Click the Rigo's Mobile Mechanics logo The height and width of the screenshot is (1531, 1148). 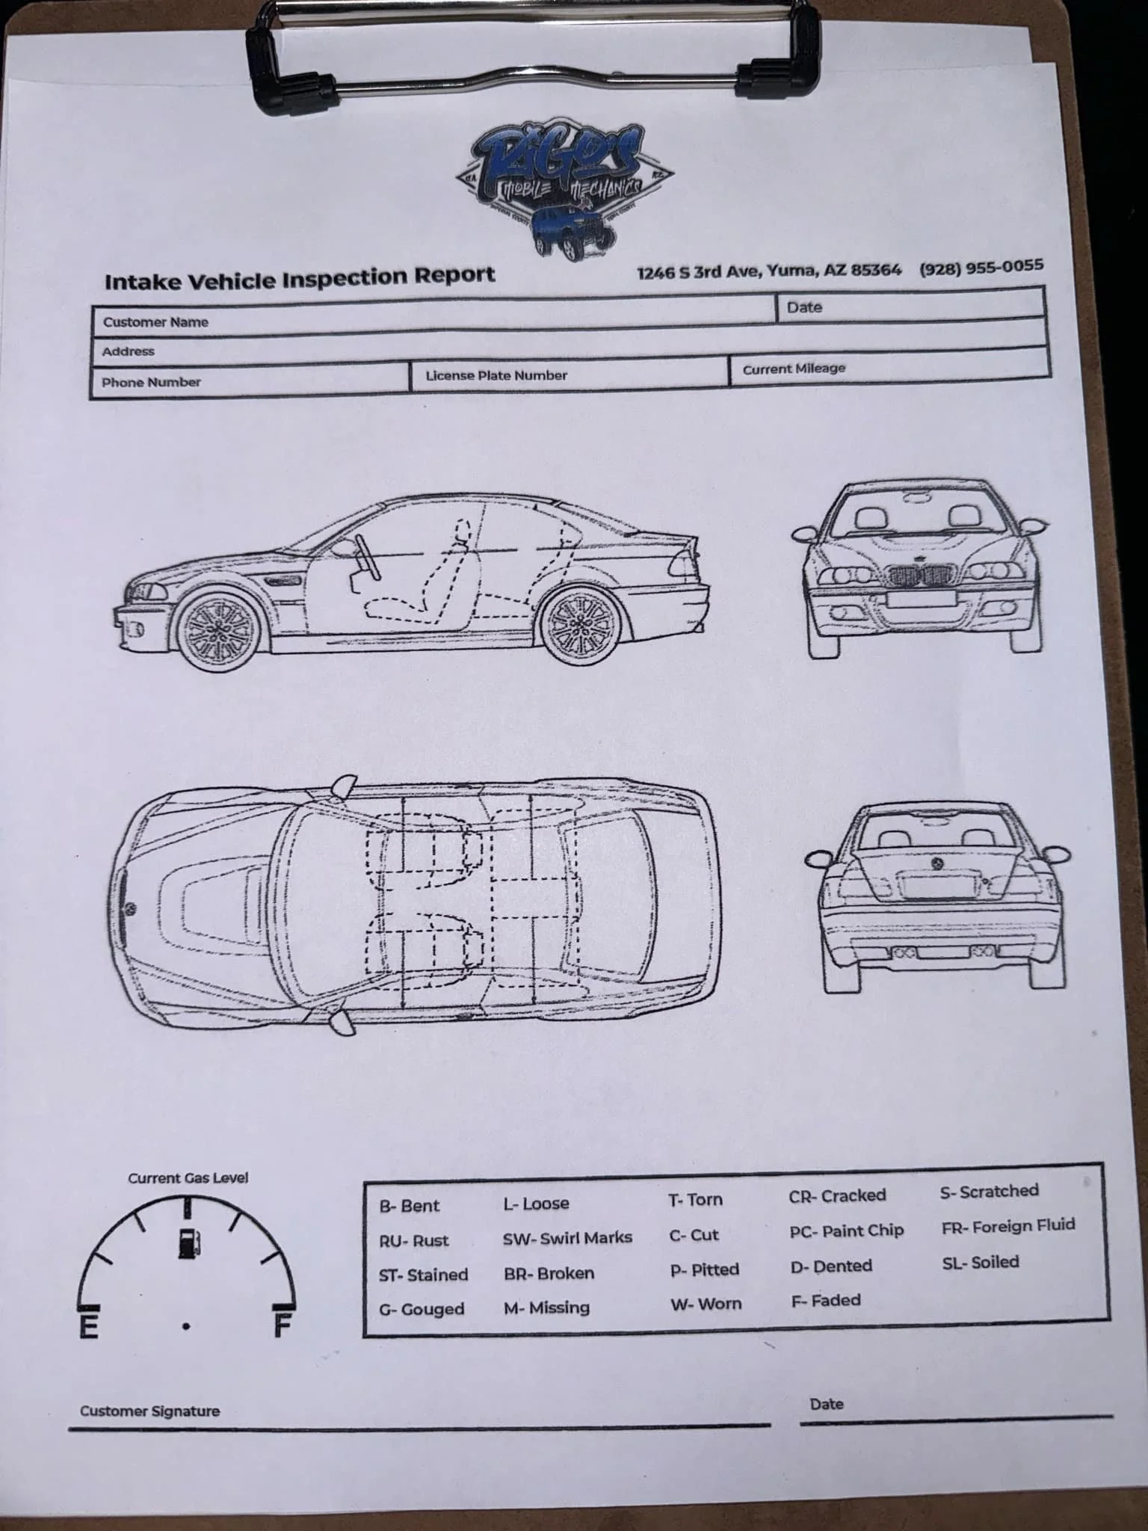coord(564,190)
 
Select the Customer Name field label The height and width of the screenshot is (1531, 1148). coord(155,322)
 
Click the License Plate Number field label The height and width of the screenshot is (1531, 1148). coord(496,375)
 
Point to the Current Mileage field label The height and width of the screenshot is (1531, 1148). coord(794,369)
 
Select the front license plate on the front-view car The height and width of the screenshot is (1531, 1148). coord(922,599)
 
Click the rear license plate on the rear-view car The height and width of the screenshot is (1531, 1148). coord(939,887)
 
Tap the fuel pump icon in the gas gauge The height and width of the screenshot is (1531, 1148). coord(188,1242)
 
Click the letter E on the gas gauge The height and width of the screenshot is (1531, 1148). coord(89,1327)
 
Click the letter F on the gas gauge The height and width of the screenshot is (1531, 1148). coord(283,1325)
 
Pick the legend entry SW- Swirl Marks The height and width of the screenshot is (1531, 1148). coord(567,1238)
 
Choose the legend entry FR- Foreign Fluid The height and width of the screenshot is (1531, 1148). coord(1008,1226)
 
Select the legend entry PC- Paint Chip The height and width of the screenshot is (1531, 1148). coord(846,1231)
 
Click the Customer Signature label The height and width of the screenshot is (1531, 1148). coord(149,1411)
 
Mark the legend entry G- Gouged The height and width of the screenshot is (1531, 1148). coord(422,1310)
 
